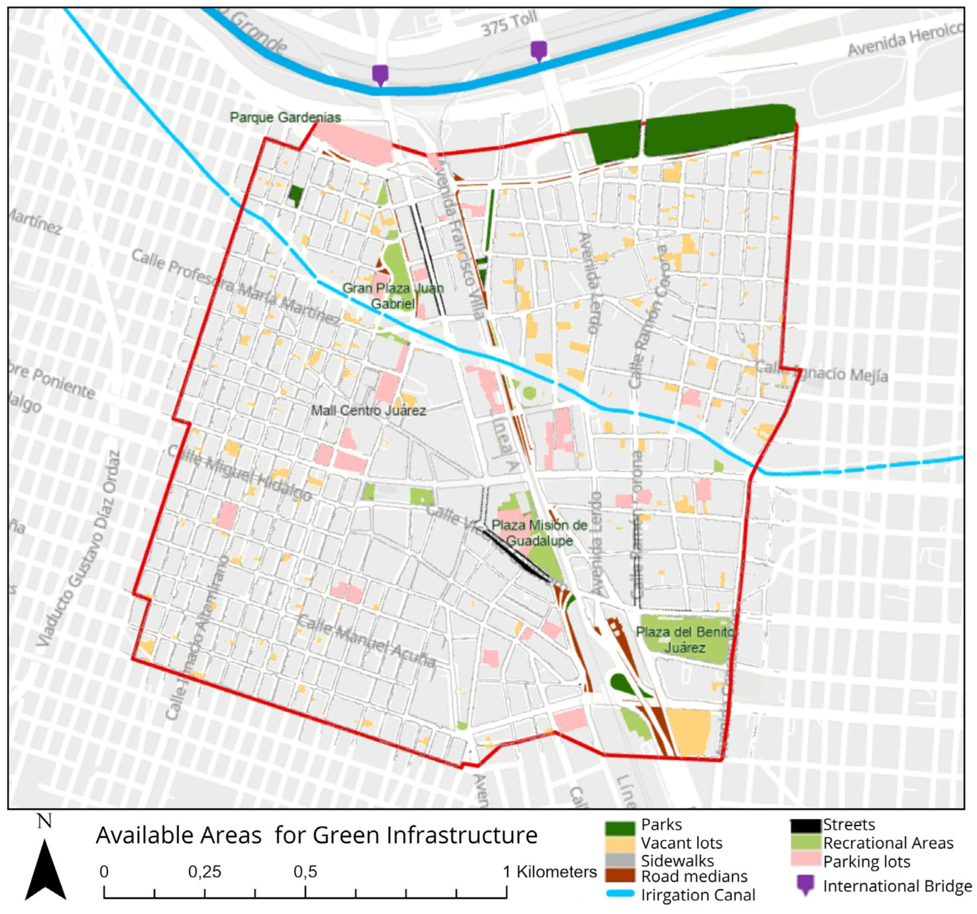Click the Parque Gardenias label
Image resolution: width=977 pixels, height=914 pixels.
coord(285,118)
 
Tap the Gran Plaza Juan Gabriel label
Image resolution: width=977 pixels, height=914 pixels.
coord(393,296)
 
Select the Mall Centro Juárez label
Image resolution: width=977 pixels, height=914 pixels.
coord(368,410)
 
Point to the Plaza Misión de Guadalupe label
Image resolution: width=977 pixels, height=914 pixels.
coord(539,533)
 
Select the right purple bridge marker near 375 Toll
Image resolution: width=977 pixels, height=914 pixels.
coord(539,50)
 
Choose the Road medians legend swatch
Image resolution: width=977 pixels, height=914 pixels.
coord(620,876)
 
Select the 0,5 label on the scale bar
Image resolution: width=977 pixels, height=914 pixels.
coord(305,872)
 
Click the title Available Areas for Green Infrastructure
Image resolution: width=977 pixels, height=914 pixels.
coord(317,835)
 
